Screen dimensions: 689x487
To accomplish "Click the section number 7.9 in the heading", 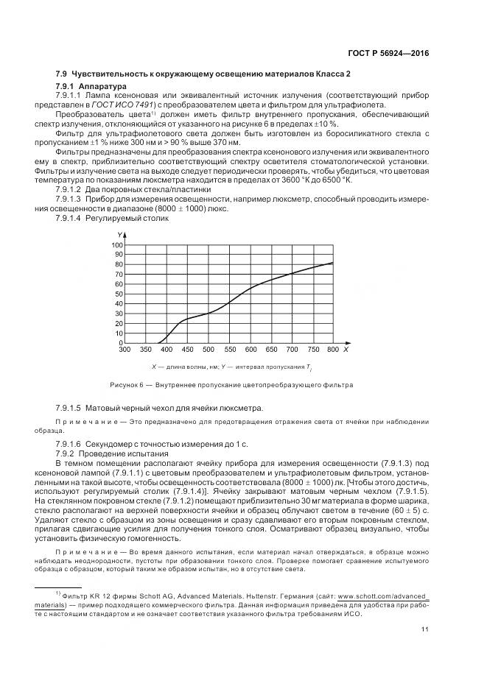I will [62, 75].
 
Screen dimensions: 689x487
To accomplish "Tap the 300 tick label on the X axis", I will [124, 350].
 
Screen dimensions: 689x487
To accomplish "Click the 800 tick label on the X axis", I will [332, 350].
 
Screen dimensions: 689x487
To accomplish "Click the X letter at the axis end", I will [346, 349].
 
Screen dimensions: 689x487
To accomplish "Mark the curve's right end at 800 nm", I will [333, 263].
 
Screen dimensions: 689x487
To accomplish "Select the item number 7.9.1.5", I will [69, 408].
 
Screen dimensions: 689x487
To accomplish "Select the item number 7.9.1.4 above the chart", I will [69, 219].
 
